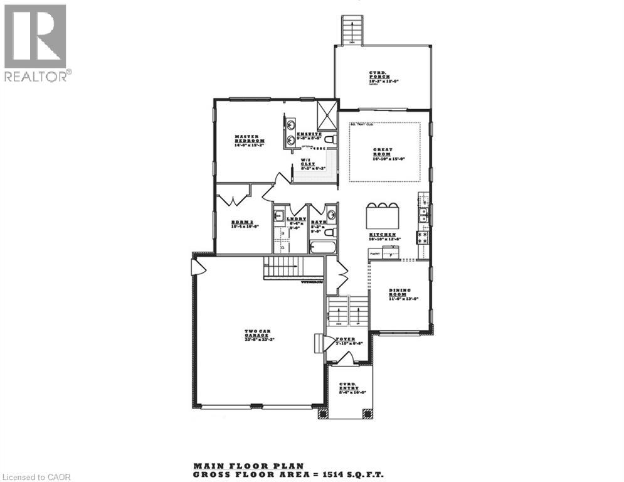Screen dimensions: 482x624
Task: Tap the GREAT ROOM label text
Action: pyautogui.click(x=383, y=152)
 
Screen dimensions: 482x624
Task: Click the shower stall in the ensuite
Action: pyautogui.click(x=327, y=114)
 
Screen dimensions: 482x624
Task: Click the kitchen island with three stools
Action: pyautogui.click(x=383, y=217)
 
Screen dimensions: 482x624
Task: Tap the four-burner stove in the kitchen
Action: pyautogui.click(x=423, y=237)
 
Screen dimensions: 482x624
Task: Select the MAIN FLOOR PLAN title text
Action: pyautogui.click(x=248, y=466)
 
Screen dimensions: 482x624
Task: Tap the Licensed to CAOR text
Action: pyautogui.click(x=36, y=477)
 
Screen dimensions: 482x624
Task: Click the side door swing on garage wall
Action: pyautogui.click(x=198, y=267)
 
